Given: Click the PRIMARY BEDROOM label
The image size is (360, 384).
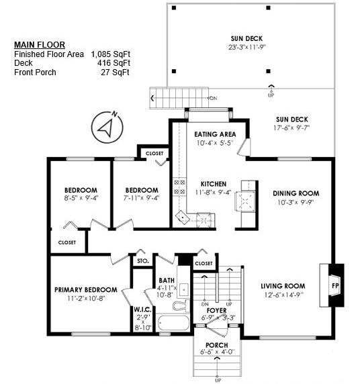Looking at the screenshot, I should [85, 290].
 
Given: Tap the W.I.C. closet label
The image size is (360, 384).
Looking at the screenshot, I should [143, 309].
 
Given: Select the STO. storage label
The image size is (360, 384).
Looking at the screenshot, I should [142, 260].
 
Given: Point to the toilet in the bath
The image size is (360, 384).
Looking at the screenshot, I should [179, 306].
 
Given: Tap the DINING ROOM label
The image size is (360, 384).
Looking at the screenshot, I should [294, 193].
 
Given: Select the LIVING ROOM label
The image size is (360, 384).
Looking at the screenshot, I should [283, 286].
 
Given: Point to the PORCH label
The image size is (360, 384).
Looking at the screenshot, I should [216, 344].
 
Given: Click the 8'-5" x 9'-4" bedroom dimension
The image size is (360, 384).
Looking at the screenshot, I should [81, 198].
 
